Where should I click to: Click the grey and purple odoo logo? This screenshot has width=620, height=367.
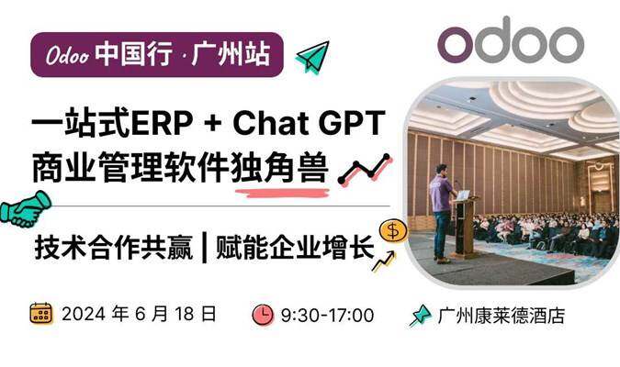pyautogui.click(x=511, y=39)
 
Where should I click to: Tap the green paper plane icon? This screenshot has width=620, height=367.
pyautogui.click(x=313, y=57)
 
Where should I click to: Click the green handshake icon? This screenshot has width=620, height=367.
pyautogui.click(x=26, y=209)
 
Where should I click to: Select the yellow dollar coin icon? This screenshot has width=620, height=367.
pyautogui.click(x=392, y=230)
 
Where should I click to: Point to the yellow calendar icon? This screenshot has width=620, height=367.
pyautogui.click(x=41, y=314)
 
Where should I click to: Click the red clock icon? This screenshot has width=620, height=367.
pyautogui.click(x=263, y=315)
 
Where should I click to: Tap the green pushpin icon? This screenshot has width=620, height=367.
pyautogui.click(x=420, y=316)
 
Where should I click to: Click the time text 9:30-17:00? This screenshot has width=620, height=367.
pyautogui.click(x=327, y=316)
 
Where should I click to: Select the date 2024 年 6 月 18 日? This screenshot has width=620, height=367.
pyautogui.click(x=140, y=314)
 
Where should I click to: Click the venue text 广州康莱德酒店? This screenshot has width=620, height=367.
pyautogui.click(x=502, y=316)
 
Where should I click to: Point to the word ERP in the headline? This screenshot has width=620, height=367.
pyautogui.click(x=162, y=123)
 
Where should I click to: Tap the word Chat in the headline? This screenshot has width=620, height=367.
pyautogui.click(x=271, y=123)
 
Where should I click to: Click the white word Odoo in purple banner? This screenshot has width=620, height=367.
pyautogui.click(x=67, y=55)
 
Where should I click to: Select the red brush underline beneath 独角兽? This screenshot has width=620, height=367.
pyautogui.click(x=282, y=193)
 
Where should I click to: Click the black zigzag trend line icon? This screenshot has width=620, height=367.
pyautogui.click(x=364, y=169)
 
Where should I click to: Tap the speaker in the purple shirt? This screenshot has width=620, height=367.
pyautogui.click(x=442, y=214)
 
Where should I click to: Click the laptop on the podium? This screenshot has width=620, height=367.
pyautogui.click(x=463, y=195)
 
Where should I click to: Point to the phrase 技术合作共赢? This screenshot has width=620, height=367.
pyautogui.click(x=114, y=248)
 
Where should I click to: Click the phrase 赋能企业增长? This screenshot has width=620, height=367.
pyautogui.click(x=295, y=248)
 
